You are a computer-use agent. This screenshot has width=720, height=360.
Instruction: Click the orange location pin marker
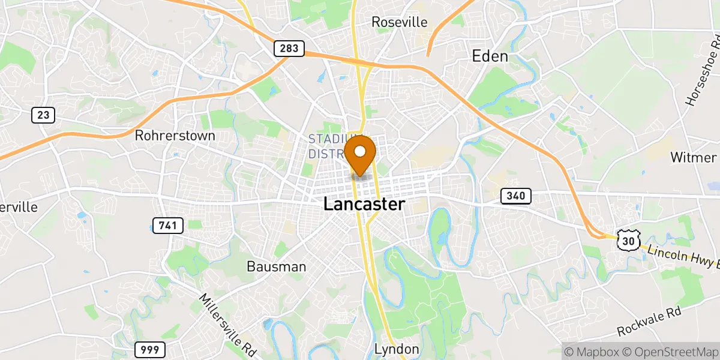(x=361, y=154)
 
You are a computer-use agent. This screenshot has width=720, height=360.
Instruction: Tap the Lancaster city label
(x=364, y=205)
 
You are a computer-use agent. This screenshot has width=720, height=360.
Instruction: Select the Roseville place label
(x=400, y=22)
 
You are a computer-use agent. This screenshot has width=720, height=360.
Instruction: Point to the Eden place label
(x=490, y=57)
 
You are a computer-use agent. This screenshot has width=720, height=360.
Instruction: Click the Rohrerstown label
(x=175, y=136)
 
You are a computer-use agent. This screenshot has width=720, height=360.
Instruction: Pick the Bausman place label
(x=277, y=266)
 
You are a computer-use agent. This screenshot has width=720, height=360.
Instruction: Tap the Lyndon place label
(x=396, y=349)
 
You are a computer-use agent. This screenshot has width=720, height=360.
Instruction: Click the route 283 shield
(x=289, y=49)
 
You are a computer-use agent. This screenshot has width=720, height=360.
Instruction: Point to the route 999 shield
(x=149, y=349)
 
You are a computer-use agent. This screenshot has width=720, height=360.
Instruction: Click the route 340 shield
(x=516, y=196)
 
